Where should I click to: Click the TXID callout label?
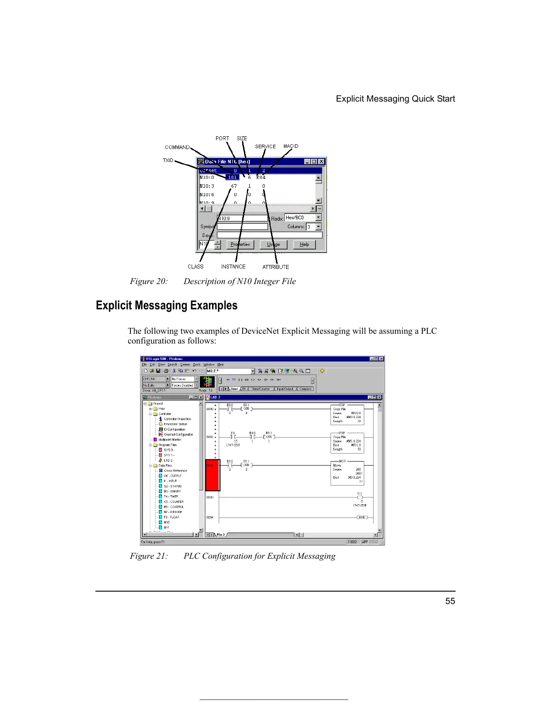coord(168,160)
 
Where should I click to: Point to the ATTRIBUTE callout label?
coord(275,267)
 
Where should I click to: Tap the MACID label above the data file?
coord(291,146)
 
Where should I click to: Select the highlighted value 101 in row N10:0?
coord(232,178)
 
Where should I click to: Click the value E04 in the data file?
coord(261,178)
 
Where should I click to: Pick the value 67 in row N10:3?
coord(234,186)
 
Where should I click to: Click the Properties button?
coord(240,245)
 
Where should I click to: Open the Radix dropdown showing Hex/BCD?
coord(319,217)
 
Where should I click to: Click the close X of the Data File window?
coord(322,162)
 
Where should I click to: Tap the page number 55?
coord(450,601)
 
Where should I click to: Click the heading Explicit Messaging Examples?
coord(166,305)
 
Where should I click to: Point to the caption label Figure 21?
coord(149,556)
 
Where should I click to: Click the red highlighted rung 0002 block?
coord(212,475)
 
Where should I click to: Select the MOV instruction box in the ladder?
coord(347,473)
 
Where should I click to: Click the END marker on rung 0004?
coord(362,517)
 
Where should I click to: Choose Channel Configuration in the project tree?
coord(178,434)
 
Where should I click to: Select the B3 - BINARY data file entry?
coord(172,491)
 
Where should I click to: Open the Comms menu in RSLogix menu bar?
coord(185,364)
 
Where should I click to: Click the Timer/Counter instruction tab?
coord(260,389)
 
